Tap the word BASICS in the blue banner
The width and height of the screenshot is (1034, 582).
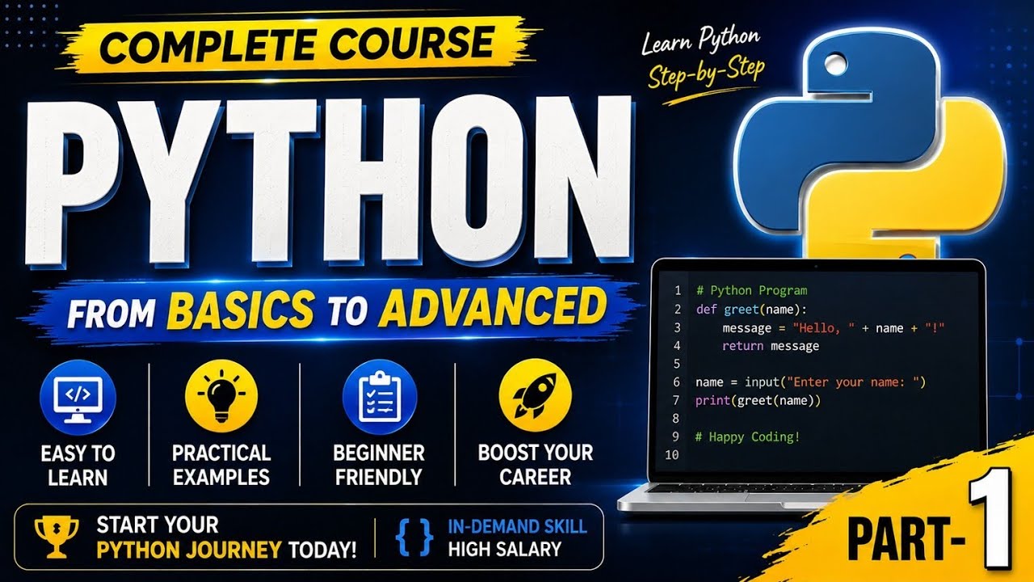pyautogui.click(x=241, y=310)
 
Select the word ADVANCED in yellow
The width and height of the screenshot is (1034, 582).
pyautogui.click(x=493, y=306)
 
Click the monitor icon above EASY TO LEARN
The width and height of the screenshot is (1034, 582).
pyautogui.click(x=78, y=398)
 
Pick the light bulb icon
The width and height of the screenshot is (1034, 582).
pyautogui.click(x=221, y=396)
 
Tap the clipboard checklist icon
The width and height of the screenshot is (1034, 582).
pyautogui.click(x=380, y=397)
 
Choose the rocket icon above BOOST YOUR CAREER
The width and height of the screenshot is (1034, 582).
pyautogui.click(x=536, y=396)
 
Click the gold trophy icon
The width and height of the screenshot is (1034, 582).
pyautogui.click(x=57, y=537)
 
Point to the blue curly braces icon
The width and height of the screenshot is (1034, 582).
pyautogui.click(x=414, y=538)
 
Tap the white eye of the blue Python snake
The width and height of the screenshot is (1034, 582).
pyautogui.click(x=834, y=64)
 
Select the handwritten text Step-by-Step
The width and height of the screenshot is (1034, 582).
pyautogui.click(x=706, y=73)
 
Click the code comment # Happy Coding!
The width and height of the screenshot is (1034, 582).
pyautogui.click(x=747, y=436)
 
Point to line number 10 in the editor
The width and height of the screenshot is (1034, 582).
pyautogui.click(x=672, y=455)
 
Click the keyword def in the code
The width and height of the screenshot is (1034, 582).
pyautogui.click(x=706, y=309)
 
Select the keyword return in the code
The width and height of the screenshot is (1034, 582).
pyautogui.click(x=742, y=345)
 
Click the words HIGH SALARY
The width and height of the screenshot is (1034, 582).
pyautogui.click(x=505, y=550)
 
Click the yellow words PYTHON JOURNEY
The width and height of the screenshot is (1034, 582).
pyautogui.click(x=189, y=550)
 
